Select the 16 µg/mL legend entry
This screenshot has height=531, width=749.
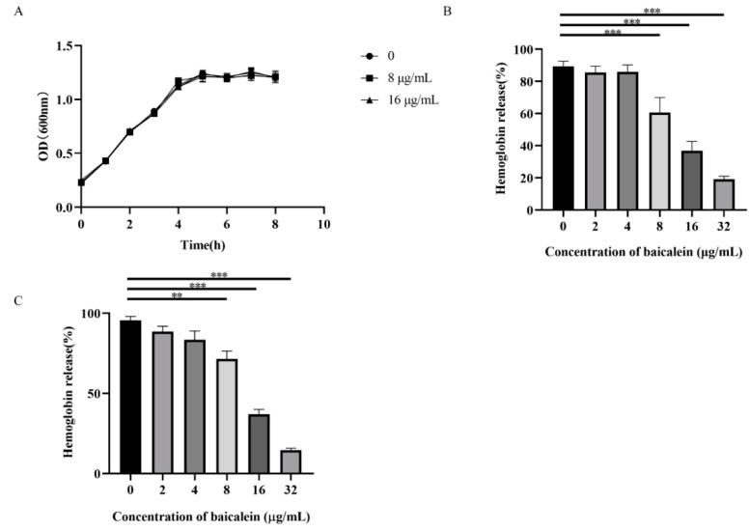pyautogui.click(x=397, y=99)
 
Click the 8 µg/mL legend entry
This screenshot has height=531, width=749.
pyautogui.click(x=395, y=77)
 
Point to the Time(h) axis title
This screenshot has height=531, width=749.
pyautogui.click(x=202, y=246)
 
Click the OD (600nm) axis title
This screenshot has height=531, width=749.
pyautogui.click(x=42, y=126)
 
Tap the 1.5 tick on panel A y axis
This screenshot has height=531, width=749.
pyautogui.click(x=62, y=45)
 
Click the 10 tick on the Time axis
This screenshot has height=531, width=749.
pyautogui.click(x=323, y=224)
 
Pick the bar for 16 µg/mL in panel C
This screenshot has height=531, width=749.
pyautogui.click(x=259, y=444)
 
